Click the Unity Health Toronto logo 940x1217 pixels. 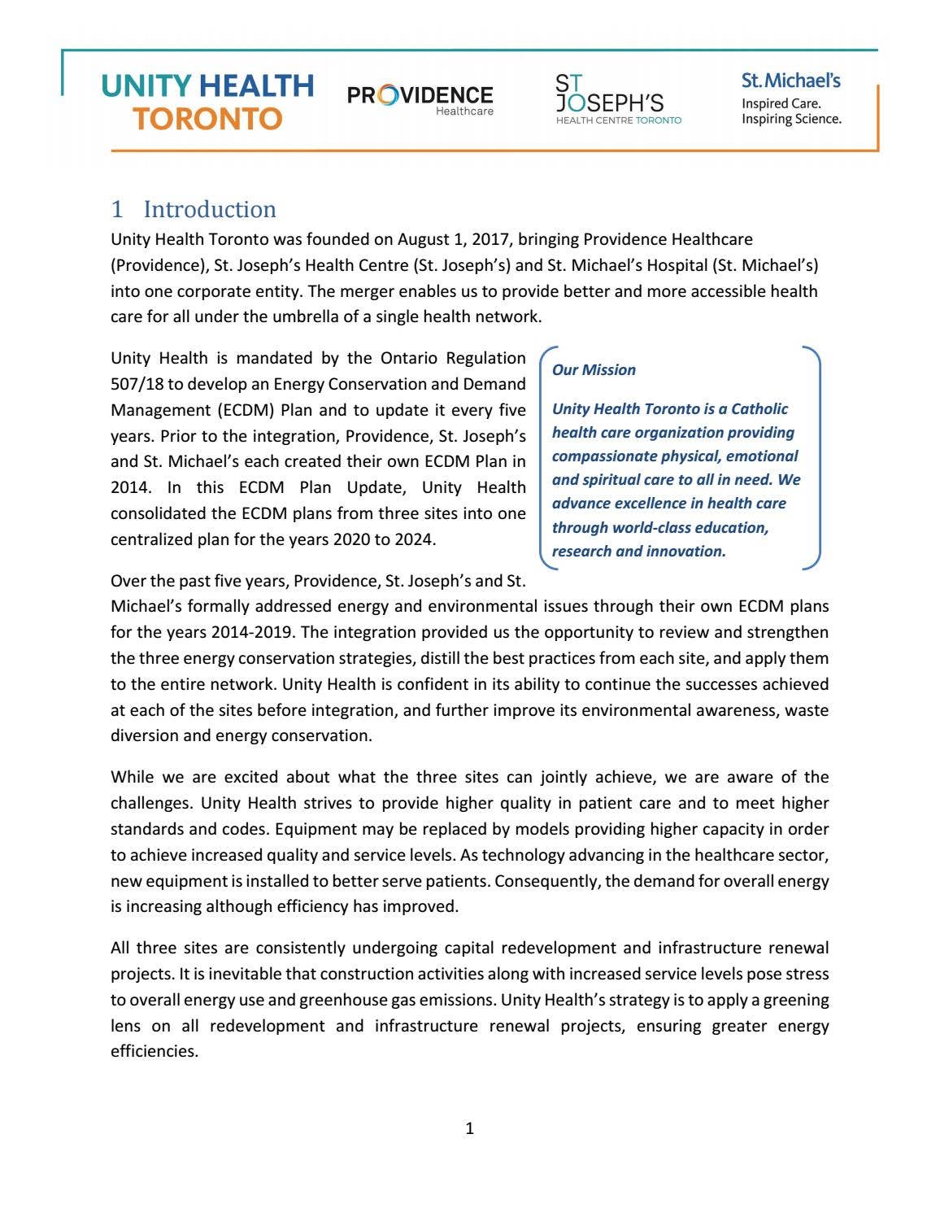[207, 102]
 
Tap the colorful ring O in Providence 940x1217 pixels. [388, 96]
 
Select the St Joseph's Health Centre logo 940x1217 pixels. [617, 99]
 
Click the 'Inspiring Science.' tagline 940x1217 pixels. [790, 119]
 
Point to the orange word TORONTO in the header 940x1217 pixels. [207, 119]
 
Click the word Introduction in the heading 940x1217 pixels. [210, 209]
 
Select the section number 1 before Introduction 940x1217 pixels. [117, 209]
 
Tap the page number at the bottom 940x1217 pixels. [469, 1128]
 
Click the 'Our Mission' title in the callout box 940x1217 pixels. [594, 370]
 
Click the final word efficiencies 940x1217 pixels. [154, 1051]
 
